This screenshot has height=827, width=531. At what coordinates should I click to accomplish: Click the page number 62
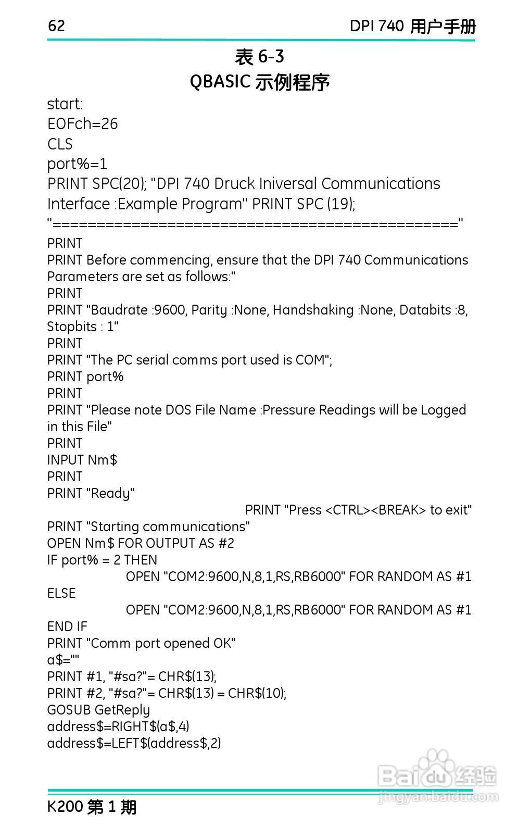click(56, 26)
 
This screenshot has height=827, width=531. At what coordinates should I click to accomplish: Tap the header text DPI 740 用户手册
click(412, 26)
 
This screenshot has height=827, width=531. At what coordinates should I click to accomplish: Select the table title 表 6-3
click(259, 57)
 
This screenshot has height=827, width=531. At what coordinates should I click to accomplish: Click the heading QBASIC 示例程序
click(259, 82)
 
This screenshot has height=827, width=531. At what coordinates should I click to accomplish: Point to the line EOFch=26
click(82, 124)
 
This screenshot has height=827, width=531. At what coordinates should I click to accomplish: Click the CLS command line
click(60, 144)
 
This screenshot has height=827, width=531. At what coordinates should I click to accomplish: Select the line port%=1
click(77, 164)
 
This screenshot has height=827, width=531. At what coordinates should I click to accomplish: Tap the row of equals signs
click(255, 224)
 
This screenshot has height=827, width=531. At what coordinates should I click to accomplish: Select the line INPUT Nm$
click(82, 460)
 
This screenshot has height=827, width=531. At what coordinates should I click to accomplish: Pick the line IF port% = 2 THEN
click(102, 560)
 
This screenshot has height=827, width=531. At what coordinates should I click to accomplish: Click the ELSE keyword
click(61, 593)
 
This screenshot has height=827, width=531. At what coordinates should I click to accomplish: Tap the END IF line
click(67, 626)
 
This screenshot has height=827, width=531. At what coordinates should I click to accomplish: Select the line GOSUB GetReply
click(98, 710)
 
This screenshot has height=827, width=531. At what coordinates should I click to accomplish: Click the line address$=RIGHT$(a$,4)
click(118, 726)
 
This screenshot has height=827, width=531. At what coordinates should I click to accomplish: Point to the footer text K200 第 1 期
click(92, 807)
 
